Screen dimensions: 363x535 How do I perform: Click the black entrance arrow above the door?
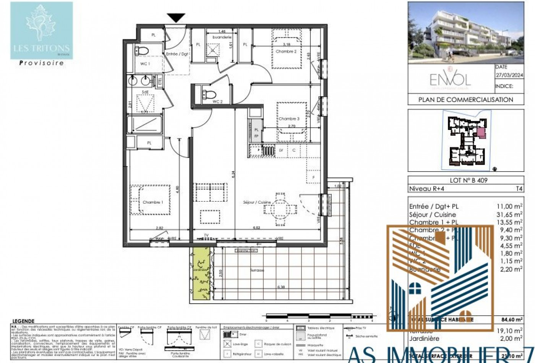(x=176, y=18)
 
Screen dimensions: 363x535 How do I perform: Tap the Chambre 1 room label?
(x=152, y=202)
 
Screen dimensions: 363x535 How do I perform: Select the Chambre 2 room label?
(x=286, y=51)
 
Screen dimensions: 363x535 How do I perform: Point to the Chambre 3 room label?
(x=289, y=119)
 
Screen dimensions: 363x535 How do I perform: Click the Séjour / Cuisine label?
(x=257, y=202)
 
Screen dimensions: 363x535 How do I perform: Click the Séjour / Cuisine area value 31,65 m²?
(x=509, y=215)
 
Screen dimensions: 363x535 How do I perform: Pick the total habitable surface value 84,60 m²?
(x=512, y=320)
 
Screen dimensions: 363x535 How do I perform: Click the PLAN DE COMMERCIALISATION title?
(x=465, y=100)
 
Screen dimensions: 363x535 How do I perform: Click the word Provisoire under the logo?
(x=41, y=63)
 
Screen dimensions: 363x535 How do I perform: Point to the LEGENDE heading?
(x=23, y=321)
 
